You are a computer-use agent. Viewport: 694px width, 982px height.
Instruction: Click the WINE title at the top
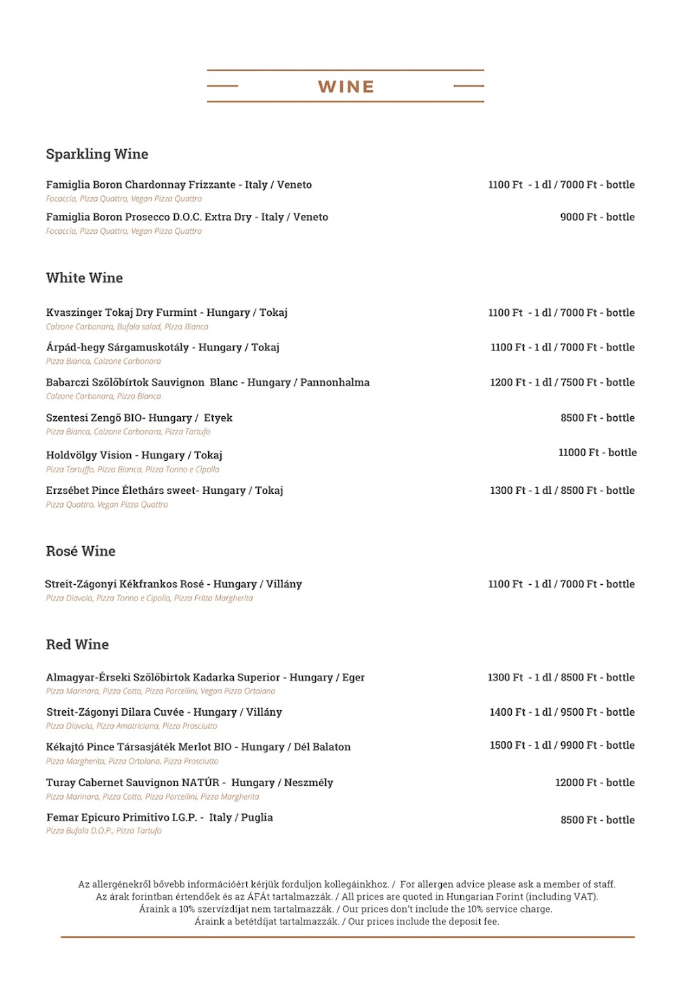346,87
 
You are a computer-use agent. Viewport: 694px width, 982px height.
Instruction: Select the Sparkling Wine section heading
97,155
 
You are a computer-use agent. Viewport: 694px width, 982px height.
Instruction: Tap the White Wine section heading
84,278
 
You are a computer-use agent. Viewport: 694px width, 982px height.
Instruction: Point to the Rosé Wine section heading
81,552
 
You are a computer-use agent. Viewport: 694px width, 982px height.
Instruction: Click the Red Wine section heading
77,645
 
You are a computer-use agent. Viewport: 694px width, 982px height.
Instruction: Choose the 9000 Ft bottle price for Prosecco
597,218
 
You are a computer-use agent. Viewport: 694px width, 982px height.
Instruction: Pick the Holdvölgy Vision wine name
134,455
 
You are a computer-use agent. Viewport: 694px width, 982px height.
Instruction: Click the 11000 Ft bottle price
597,453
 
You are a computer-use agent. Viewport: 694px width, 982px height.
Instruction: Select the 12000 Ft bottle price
594,783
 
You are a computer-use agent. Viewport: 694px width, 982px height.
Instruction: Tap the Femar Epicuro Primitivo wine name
159,817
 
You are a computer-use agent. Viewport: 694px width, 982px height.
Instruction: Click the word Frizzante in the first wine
213,185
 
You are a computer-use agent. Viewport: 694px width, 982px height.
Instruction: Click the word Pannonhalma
335,383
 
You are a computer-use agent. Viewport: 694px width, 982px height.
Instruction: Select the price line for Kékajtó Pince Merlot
562,745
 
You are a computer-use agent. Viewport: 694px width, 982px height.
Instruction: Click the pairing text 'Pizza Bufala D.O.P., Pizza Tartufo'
104,831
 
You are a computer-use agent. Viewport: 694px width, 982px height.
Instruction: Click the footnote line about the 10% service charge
346,909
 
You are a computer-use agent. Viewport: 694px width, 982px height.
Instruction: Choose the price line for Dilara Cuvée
562,712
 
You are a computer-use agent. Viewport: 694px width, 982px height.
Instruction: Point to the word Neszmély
308,783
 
